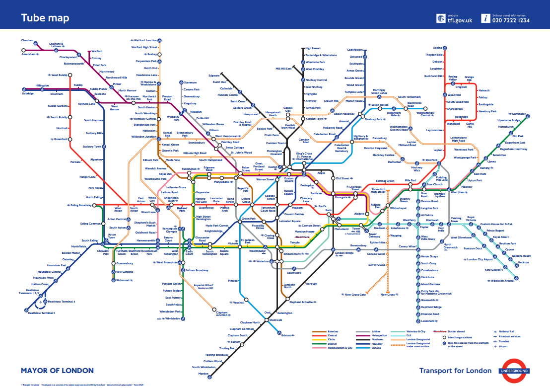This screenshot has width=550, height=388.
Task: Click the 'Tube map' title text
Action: pos(45,18)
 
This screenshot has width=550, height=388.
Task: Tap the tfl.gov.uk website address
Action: pos(460,20)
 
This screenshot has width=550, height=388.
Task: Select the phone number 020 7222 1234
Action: pos(511,20)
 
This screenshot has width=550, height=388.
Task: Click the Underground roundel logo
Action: pos(514,371)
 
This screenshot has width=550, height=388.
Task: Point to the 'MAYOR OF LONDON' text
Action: pos(57,371)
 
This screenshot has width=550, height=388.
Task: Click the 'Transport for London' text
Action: pos(455,371)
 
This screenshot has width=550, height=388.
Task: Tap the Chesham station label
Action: pos(27,40)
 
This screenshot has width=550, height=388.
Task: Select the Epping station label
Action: pos(437,48)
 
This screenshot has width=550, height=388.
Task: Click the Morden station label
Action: pos(204,374)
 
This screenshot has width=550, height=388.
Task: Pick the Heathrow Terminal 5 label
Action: pos(42,313)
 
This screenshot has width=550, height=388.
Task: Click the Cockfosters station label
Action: pos(355,50)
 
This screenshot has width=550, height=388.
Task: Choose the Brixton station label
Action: pos(286,335)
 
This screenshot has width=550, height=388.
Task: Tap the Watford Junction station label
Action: pos(145,40)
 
